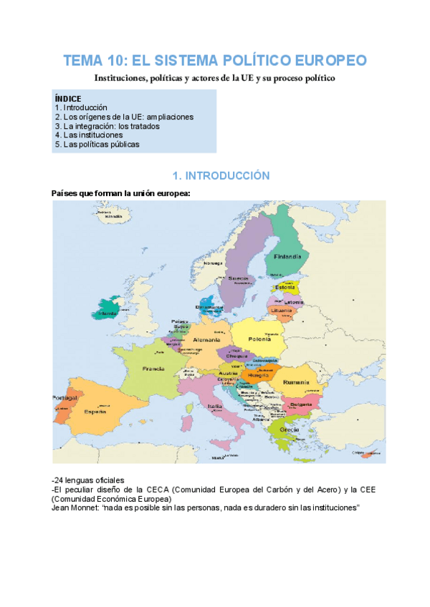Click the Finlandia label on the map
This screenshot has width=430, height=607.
click(288, 256)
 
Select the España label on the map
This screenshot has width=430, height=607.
click(95, 412)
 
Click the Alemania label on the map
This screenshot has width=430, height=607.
click(206, 340)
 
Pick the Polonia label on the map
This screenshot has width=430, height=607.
click(259, 339)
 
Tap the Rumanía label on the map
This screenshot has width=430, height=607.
click(295, 383)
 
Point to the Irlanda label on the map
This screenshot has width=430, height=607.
click(107, 314)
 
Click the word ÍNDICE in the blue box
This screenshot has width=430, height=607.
click(68, 98)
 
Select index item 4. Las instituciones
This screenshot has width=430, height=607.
click(89, 135)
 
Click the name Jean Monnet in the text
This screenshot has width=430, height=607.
click(75, 508)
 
